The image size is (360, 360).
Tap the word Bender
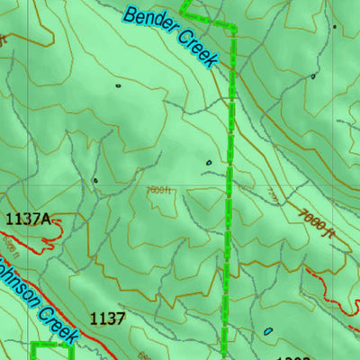click(148, 23)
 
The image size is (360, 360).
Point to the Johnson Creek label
click(36, 298)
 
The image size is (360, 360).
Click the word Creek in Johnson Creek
click(54, 319)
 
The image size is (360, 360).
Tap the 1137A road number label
click(28, 219)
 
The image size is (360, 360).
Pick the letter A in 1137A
click(47, 219)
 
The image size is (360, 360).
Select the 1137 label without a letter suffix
click(107, 317)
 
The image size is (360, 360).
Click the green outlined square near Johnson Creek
click(52, 350)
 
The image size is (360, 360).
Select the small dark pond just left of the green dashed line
click(209, 163)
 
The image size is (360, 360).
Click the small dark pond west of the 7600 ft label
click(95, 180)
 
